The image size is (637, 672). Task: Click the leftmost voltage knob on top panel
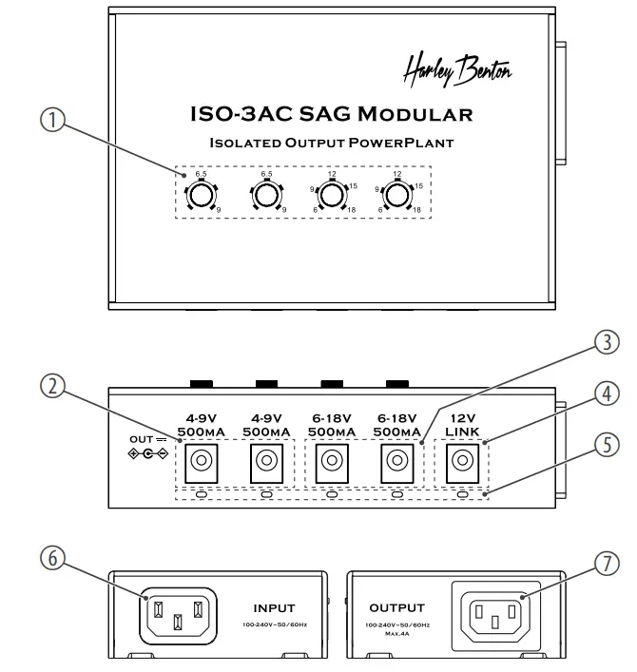tap(200, 195)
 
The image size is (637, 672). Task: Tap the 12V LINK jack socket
tap(463, 463)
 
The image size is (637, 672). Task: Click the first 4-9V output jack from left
tap(201, 463)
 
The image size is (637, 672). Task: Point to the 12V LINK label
tap(463, 426)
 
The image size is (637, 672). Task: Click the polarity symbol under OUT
tap(148, 454)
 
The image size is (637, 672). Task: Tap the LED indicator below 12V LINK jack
tap(463, 494)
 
